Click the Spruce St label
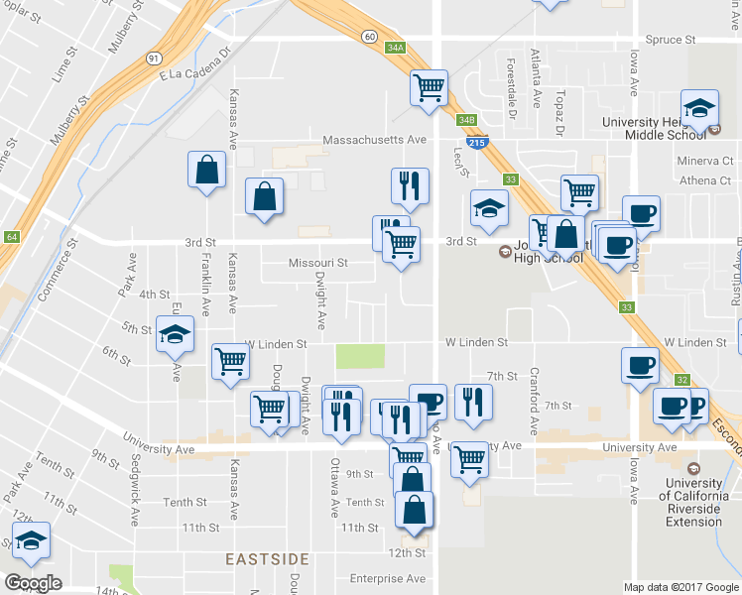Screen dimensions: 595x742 [671, 40]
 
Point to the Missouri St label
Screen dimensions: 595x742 [317, 263]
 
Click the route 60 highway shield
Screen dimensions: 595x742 [368, 37]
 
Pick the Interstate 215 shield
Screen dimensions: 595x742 [477, 143]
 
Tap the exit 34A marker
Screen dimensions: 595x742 [396, 48]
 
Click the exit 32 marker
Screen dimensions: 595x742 [681, 380]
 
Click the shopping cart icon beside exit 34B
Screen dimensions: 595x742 [430, 87]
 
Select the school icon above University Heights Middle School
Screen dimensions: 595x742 [699, 108]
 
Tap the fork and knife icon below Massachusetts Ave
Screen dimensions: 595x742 [409, 184]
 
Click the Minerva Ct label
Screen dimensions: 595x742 [705, 160]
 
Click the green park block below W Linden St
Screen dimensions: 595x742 [360, 356]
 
